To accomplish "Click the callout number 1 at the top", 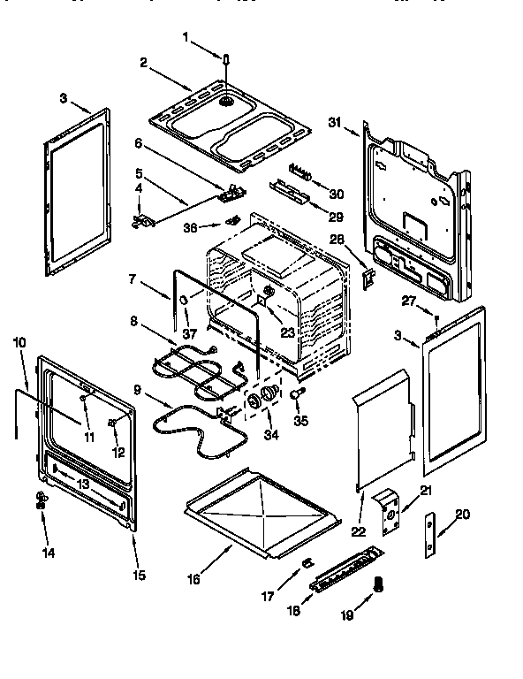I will click(x=186, y=37).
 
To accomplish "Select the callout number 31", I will click(x=334, y=122).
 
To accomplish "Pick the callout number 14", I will click(x=47, y=553).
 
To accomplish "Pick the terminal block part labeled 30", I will click(x=300, y=170).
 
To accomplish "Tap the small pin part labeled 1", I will click(x=226, y=59).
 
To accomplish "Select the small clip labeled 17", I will click(x=307, y=563).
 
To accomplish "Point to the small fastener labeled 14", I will click(x=41, y=500).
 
